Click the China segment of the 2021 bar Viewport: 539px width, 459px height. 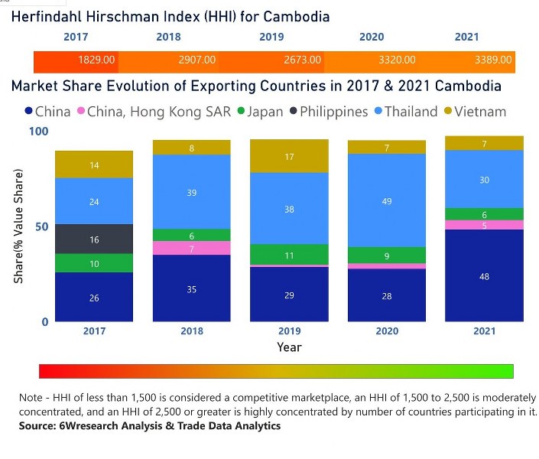click(x=485, y=275)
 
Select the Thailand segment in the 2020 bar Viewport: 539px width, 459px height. click(x=387, y=200)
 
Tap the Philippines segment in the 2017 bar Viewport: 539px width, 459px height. click(x=94, y=239)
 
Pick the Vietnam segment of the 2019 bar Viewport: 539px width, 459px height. click(x=289, y=157)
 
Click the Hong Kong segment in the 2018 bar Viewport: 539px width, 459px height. click(x=191, y=248)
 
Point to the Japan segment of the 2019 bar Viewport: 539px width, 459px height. click(x=289, y=255)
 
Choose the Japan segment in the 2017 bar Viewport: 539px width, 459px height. click(x=94, y=263)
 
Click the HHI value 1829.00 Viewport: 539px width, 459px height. click(x=96, y=60)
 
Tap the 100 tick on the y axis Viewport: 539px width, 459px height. click(x=38, y=132)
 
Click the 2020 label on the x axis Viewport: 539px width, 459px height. click(x=387, y=331)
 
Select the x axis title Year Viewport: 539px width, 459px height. click(x=289, y=347)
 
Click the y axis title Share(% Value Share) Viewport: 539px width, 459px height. click(x=19, y=226)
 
